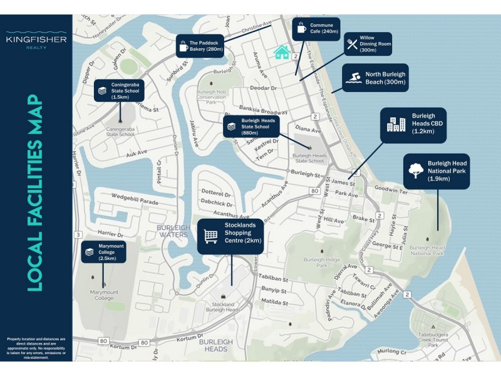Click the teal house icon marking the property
point(282,52)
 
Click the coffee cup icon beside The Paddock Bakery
point(183,46)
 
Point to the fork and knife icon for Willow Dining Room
point(352,44)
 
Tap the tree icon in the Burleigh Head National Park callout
point(415,170)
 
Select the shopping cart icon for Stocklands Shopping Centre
point(211,236)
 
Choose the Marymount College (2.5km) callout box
point(104,251)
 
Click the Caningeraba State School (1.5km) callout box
point(120,91)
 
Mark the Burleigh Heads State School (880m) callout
point(252,126)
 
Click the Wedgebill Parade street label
point(135,202)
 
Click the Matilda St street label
point(274,301)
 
